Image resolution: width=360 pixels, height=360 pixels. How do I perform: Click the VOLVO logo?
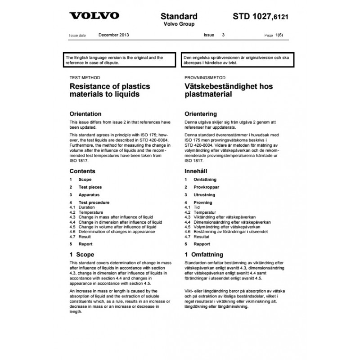click(94, 16)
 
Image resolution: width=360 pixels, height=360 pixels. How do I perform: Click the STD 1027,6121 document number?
click(260, 17)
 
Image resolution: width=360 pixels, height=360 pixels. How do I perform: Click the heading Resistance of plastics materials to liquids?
click(109, 90)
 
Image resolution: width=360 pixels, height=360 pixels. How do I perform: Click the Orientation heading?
click(85, 114)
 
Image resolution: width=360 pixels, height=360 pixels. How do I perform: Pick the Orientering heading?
click(201, 114)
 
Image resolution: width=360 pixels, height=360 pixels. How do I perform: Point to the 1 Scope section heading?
click(81, 255)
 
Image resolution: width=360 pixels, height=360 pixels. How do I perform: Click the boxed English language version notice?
click(117, 60)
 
